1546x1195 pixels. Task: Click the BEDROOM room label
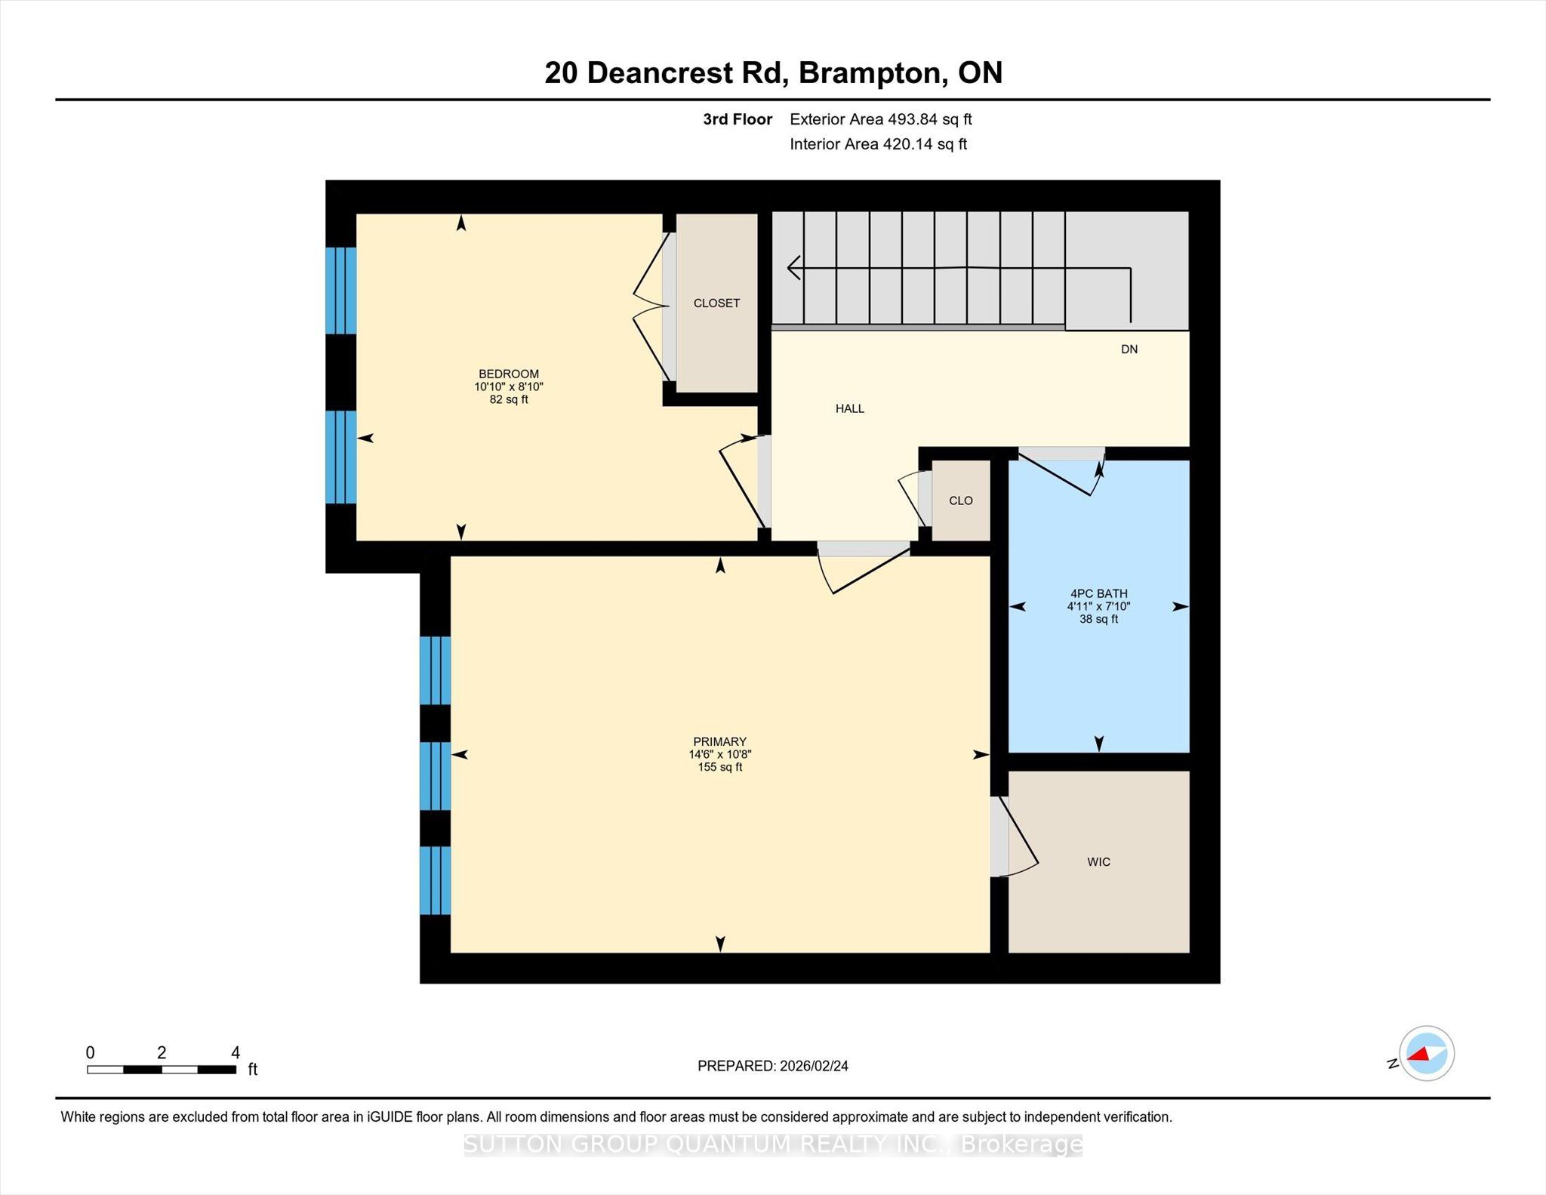point(509,374)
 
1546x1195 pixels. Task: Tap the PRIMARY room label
point(720,741)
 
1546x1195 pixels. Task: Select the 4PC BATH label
point(1098,593)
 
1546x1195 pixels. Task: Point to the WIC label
point(1098,861)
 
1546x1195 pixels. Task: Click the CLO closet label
point(961,500)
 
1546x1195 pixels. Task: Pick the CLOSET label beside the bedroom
point(716,303)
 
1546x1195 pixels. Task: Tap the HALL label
point(849,408)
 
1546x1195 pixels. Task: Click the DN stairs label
point(1129,349)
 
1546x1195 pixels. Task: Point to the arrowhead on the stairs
point(793,267)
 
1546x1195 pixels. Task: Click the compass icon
point(1426,1053)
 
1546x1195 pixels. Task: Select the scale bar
point(162,1069)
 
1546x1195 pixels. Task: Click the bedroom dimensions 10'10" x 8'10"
point(509,387)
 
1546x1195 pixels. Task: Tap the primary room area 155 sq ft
point(720,767)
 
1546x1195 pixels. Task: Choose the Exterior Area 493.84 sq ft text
point(880,119)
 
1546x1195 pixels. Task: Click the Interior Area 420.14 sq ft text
point(878,144)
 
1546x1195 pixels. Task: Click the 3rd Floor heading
point(738,119)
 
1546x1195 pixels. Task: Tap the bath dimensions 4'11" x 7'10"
point(1098,606)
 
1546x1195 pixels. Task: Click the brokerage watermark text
point(773,1144)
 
